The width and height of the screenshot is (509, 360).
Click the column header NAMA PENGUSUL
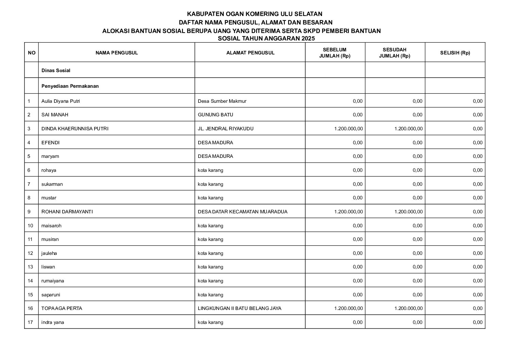116,53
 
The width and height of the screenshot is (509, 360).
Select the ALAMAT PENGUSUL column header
250,53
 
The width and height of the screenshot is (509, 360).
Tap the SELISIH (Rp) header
455,53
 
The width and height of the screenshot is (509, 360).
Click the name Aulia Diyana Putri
61,101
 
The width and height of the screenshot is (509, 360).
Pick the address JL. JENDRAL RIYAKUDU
225,129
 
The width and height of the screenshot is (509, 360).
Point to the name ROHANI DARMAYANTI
67,212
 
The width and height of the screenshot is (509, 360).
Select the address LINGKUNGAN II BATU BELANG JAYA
239,309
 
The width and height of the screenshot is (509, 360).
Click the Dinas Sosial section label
56,70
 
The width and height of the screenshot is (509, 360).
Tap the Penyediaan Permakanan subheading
70,86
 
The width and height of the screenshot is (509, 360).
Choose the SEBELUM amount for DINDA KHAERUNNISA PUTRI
349,129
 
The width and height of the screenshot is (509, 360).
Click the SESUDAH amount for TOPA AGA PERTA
408,309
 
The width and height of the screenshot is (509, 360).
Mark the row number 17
31,322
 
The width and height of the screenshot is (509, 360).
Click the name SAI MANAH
55,115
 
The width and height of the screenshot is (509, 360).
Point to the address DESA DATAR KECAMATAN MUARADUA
242,212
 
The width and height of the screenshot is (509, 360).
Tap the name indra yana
53,322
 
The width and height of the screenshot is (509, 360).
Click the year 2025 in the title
308,38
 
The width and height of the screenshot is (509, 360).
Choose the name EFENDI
50,143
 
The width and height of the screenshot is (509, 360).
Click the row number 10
31,226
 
